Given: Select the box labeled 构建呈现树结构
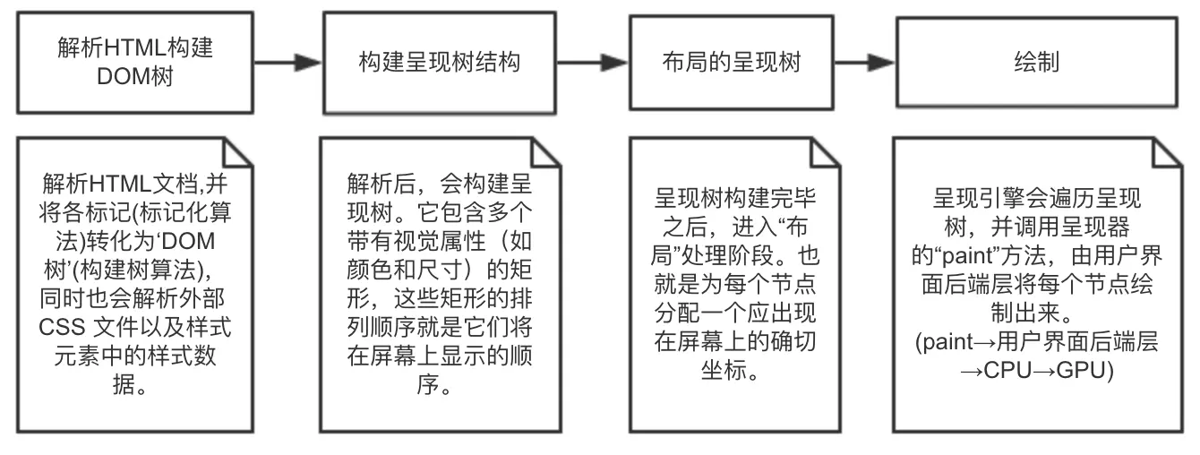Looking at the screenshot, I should point(437,62).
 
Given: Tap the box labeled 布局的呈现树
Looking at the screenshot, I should point(726,62).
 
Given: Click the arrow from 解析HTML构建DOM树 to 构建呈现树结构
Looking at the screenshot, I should point(287,63).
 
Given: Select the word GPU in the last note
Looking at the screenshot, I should point(1084,371).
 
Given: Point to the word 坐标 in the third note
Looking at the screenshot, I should point(726,371).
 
